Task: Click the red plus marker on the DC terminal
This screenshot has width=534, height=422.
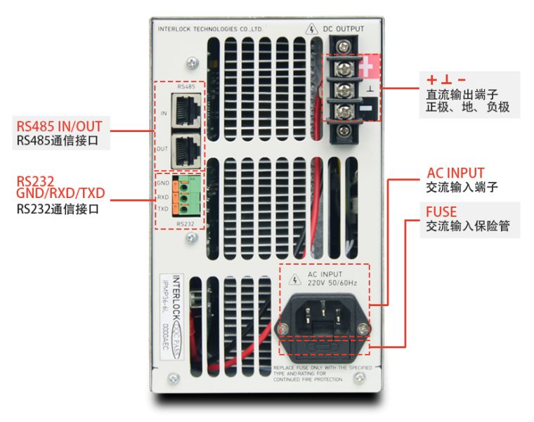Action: click(x=370, y=68)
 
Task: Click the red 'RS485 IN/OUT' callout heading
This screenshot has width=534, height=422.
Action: click(x=59, y=126)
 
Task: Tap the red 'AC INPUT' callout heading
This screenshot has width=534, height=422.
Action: click(x=455, y=173)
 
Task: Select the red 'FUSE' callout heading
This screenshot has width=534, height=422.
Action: click(x=441, y=211)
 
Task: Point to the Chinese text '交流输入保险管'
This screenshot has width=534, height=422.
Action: click(x=468, y=227)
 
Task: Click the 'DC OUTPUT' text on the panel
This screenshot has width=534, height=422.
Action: click(x=344, y=29)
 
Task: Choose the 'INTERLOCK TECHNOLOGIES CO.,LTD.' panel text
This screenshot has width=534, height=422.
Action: click(x=210, y=31)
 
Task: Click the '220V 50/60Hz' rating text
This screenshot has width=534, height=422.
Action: click(x=332, y=282)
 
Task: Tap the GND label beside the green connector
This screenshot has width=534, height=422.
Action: click(x=163, y=183)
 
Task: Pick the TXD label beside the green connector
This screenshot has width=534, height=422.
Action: click(x=163, y=209)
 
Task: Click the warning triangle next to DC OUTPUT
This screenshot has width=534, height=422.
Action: click(x=312, y=29)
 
